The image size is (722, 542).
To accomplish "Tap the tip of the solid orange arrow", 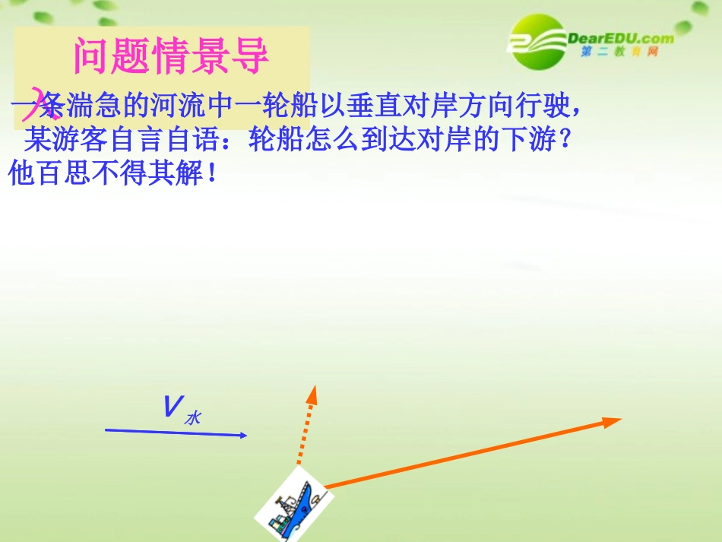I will pos(619,420).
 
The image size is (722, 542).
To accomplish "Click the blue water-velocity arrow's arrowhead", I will pos(243,436).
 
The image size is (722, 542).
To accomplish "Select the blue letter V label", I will pos(170,407).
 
